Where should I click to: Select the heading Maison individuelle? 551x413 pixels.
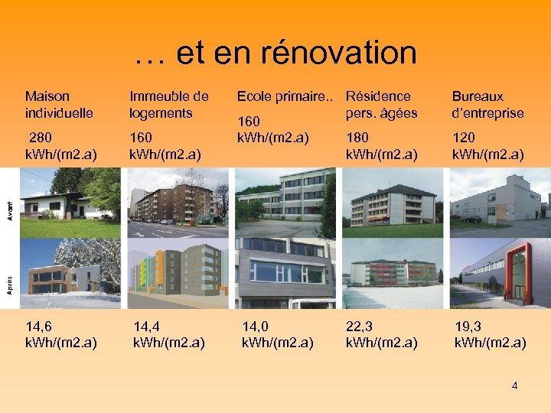coord(59,105)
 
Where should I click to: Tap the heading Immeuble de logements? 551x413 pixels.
coord(169,105)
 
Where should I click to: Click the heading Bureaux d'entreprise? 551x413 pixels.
coord(487,105)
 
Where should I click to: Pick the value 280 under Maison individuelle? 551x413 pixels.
coord(43,138)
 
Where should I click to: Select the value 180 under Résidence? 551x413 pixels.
coord(358,138)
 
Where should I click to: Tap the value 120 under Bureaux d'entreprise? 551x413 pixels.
coord(464,138)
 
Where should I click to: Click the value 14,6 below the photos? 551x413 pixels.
coord(40,326)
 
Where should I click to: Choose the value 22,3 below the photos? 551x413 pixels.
coord(361,326)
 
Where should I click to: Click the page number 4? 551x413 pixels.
coord(514,385)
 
